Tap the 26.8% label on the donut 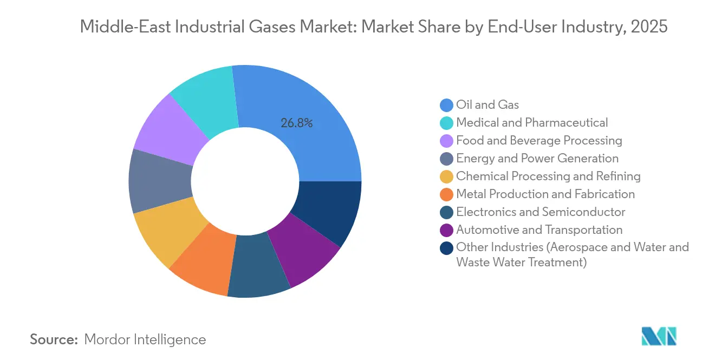296,123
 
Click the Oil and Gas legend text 487,104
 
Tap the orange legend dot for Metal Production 447,194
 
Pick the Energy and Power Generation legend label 537,158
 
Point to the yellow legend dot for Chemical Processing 447,176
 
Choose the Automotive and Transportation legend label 539,230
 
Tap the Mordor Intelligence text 145,339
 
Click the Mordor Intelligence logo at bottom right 659,336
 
